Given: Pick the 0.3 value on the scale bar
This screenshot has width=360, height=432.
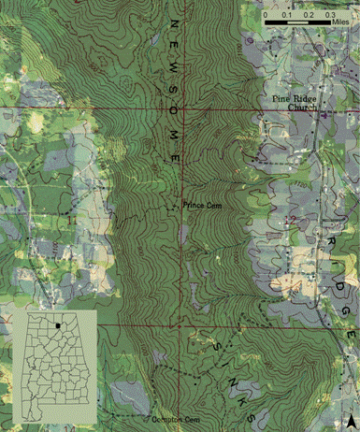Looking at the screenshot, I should point(330,16).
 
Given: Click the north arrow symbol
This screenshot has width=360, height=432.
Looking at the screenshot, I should point(350,417).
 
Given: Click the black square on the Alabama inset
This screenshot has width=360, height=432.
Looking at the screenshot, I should point(58,327).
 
